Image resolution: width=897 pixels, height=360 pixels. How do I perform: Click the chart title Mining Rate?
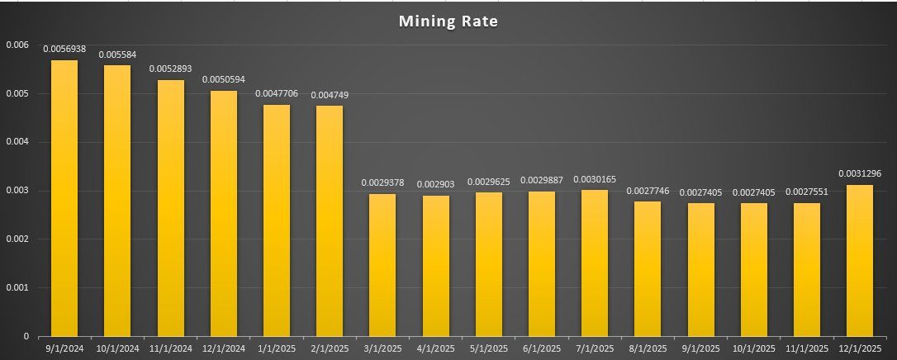coord(448,21)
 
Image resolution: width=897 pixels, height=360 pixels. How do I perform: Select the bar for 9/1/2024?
coord(64,198)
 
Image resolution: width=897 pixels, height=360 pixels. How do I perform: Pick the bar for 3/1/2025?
coord(382,264)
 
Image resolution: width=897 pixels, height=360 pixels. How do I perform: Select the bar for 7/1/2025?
coord(595,263)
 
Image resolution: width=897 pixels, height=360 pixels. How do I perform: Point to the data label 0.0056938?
coord(64,49)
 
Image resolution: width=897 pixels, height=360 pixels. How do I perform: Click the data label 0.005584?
coord(117,54)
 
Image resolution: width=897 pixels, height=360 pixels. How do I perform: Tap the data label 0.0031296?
coord(860,173)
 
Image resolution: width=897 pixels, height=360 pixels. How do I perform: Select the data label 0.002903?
coord(435,184)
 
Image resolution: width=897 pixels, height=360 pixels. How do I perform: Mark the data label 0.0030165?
coord(595,179)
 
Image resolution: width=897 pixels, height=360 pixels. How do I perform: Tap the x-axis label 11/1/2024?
coord(170,348)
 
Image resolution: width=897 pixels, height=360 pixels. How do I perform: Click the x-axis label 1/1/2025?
coord(277,348)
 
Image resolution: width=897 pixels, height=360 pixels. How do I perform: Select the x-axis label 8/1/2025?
coord(648,348)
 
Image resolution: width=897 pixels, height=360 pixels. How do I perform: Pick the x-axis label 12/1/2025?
coord(860,348)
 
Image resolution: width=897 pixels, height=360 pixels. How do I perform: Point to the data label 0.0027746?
coord(648,191)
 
